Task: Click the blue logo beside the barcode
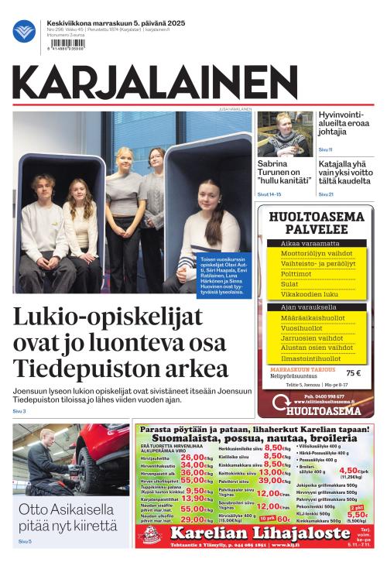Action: click(x=24, y=31)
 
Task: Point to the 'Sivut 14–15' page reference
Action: click(x=269, y=194)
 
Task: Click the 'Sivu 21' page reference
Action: click(x=326, y=194)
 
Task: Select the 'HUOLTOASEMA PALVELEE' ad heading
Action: click(x=316, y=224)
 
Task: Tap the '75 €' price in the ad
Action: click(x=354, y=373)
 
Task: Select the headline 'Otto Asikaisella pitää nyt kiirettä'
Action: click(x=67, y=519)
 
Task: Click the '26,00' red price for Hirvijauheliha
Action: click(x=191, y=457)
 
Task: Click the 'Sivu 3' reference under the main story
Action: click(x=19, y=411)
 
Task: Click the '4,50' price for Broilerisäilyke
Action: click(x=349, y=470)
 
